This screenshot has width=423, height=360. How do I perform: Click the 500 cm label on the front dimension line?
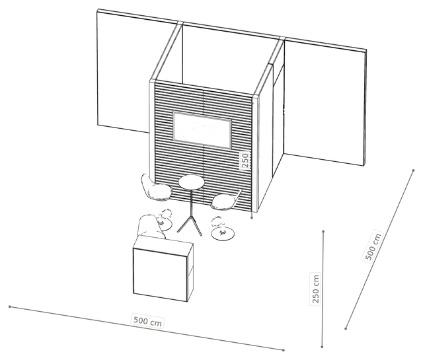[147, 321]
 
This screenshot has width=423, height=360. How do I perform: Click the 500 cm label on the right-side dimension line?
[373, 246]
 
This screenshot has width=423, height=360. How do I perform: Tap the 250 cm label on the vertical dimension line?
[315, 289]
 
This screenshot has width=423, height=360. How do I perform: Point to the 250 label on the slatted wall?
[245, 160]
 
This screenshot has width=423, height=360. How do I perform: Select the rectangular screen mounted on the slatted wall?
[202, 130]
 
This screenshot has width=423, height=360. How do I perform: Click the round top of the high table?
[191, 182]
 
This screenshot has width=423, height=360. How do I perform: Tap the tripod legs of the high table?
[190, 223]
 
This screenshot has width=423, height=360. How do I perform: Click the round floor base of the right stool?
[223, 233]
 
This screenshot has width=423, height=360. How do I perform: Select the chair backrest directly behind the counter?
[149, 226]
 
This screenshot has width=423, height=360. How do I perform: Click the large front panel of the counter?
[160, 275]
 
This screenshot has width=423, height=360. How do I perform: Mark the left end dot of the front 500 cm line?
[10, 306]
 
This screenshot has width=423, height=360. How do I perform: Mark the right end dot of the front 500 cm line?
[284, 350]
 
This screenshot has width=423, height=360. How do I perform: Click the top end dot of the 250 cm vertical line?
[323, 231]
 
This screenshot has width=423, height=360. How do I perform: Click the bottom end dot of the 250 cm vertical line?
[322, 347]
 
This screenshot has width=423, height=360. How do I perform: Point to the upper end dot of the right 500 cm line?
[413, 170]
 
